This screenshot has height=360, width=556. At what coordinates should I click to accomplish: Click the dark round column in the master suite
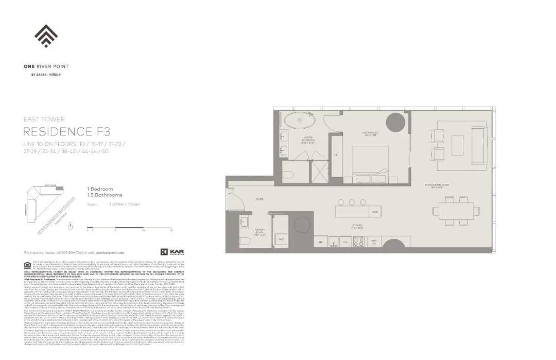coord(394,119)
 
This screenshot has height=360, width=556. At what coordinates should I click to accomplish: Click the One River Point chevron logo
coord(46,36)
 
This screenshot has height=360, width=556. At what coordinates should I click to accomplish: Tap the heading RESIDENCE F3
coord(67,132)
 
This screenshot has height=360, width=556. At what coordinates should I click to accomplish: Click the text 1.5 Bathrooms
coord(105,195)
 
